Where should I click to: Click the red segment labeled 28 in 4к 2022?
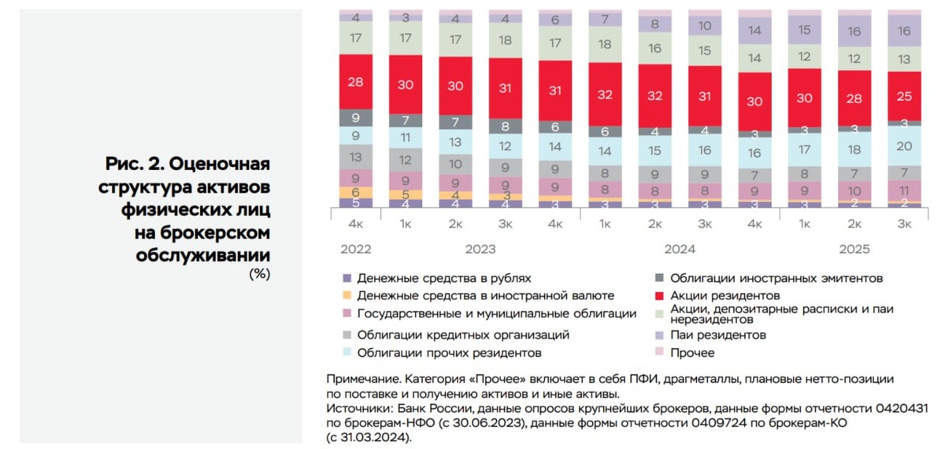355,81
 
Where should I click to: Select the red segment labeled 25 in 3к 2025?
904,95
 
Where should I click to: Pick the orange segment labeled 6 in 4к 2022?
355,192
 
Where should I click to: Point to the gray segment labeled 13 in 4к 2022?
355,157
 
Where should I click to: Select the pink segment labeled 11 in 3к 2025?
904,191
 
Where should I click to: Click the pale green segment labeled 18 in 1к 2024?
605,44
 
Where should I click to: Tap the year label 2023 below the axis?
480,249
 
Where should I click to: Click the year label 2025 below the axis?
854,249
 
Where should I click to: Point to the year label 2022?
355,249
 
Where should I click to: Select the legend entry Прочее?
692,352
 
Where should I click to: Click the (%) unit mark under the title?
259,274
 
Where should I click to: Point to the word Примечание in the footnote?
361,379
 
